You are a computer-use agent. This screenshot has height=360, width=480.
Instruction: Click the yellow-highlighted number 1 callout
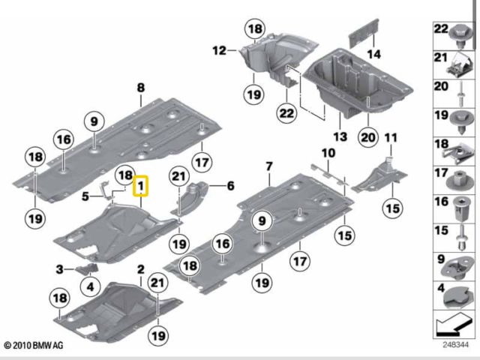140,186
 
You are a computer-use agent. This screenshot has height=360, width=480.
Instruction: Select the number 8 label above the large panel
140,88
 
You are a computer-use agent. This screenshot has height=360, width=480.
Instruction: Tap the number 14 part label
373,55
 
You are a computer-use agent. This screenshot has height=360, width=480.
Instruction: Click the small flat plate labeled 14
364,33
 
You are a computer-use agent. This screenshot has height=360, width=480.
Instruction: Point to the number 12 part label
220,50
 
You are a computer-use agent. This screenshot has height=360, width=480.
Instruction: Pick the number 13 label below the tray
340,136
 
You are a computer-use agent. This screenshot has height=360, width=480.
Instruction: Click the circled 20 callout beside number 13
368,137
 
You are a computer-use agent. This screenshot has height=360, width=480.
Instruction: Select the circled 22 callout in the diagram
286,113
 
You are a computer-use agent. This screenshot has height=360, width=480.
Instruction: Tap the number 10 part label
328,153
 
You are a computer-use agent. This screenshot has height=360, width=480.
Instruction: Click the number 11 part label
391,138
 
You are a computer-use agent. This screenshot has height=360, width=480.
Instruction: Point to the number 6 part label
230,186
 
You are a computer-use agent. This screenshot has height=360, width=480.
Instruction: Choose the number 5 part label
85,196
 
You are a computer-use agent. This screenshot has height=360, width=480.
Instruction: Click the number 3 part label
59,269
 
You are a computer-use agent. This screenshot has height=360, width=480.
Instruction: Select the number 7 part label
268,167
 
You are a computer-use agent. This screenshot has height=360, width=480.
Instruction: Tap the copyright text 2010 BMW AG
34,346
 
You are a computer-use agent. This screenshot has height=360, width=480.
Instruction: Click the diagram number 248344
455,345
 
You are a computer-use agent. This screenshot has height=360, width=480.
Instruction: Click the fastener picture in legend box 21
458,65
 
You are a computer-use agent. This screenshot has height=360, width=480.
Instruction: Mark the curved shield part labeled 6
190,197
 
